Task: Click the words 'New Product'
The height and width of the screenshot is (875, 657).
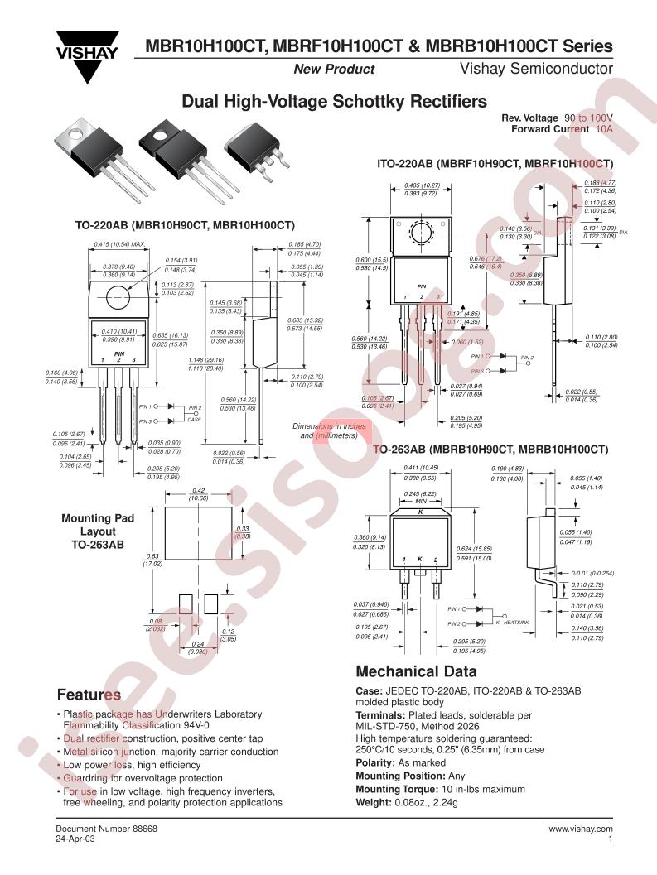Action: [334, 70]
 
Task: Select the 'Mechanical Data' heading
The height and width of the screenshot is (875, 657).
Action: [416, 671]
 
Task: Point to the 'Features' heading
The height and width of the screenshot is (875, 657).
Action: [89, 694]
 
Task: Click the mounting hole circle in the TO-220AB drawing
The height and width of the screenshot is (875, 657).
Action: [118, 293]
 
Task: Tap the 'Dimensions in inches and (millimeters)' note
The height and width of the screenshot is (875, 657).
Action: [329, 430]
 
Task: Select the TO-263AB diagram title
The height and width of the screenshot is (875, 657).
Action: [490, 449]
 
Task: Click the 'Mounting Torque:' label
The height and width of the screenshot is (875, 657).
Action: [396, 789]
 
